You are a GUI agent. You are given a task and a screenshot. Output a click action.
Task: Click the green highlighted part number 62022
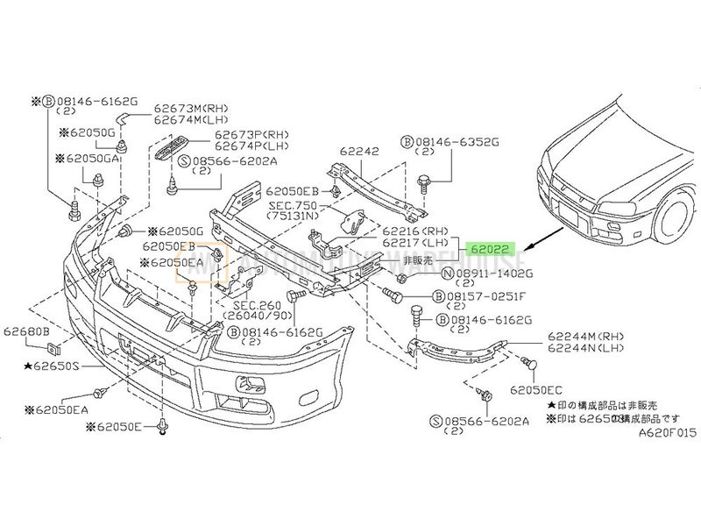(492, 248)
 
